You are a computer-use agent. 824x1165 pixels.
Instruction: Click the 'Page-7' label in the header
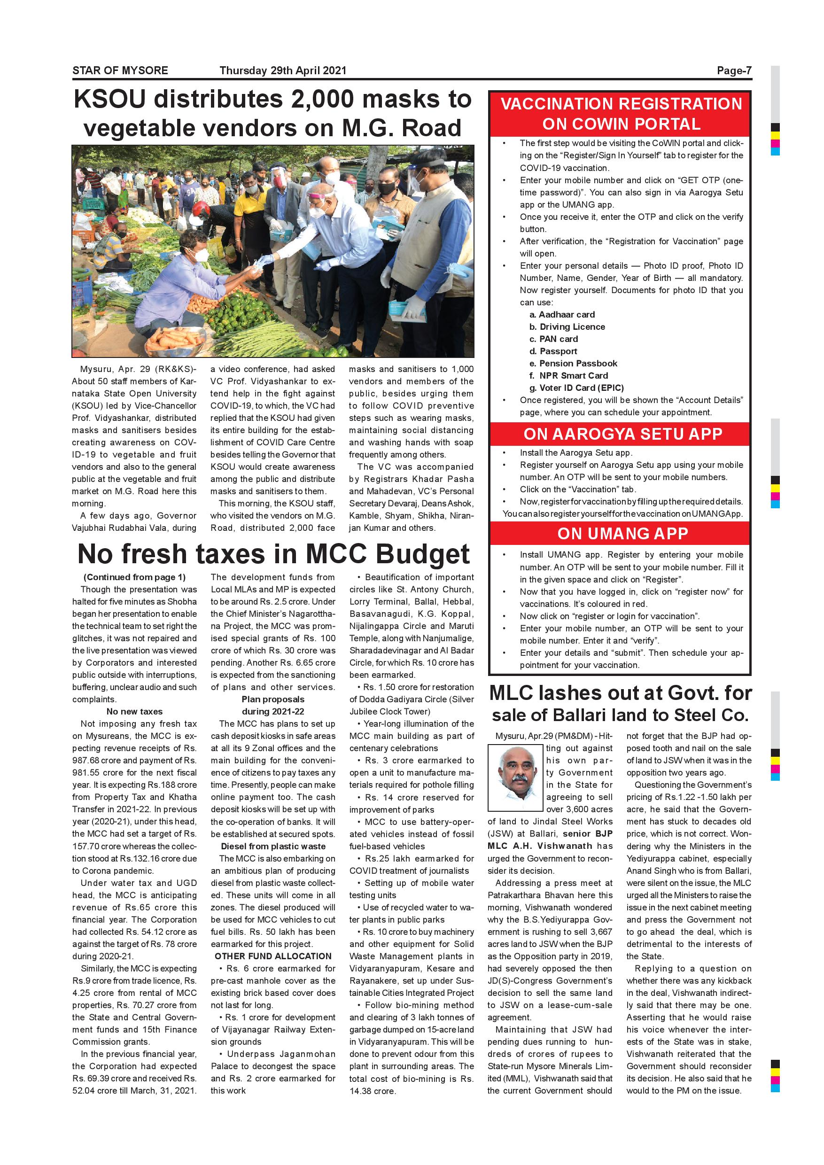click(734, 70)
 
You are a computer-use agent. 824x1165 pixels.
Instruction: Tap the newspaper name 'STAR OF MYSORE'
click(120, 70)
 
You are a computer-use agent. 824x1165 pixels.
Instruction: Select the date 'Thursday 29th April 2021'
click(283, 70)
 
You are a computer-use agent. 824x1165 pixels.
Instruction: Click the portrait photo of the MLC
click(515, 777)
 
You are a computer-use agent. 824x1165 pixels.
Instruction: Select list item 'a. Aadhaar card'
click(562, 315)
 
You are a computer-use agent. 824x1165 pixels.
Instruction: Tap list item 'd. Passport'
click(553, 351)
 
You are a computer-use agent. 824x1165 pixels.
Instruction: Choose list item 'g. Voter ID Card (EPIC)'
click(576, 388)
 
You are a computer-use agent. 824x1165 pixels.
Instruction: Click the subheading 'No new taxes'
click(134, 711)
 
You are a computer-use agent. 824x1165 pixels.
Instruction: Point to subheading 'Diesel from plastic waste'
click(273, 846)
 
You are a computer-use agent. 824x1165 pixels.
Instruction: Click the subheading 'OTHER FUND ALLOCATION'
click(273, 956)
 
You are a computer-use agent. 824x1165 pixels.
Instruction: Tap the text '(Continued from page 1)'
click(134, 577)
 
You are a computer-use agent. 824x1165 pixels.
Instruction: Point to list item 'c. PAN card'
click(553, 339)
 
